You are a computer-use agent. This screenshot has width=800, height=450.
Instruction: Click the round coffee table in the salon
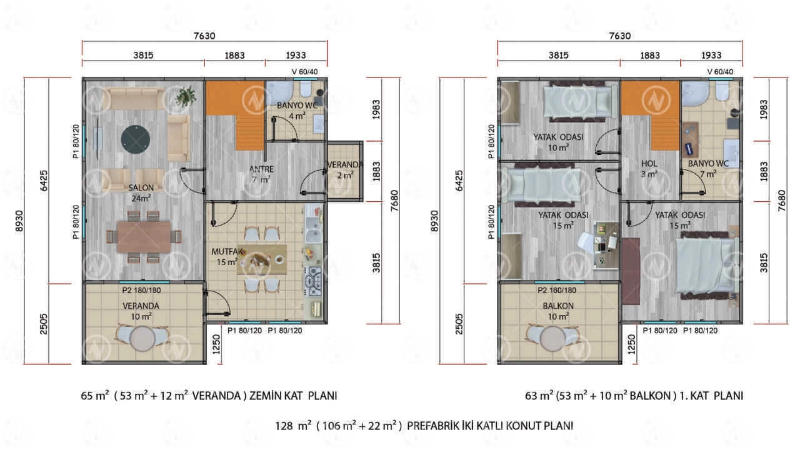[x=136, y=139]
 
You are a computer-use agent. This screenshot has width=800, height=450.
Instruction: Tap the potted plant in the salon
[x=186, y=96]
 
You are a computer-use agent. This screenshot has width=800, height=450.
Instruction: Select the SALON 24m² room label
[x=141, y=193]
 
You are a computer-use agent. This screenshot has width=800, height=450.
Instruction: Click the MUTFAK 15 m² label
[x=227, y=257]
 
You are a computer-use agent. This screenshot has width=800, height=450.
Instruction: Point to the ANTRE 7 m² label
[x=261, y=174]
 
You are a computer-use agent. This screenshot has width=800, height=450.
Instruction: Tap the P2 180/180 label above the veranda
[x=141, y=291]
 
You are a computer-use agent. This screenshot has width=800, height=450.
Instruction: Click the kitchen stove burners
[x=314, y=281]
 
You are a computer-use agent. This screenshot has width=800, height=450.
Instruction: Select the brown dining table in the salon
[x=144, y=237]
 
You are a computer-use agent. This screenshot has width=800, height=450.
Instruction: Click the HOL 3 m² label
[x=649, y=169]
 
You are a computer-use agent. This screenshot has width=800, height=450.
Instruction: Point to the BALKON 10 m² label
[x=558, y=311]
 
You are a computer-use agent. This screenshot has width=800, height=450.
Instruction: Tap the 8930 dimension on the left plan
[x=19, y=221]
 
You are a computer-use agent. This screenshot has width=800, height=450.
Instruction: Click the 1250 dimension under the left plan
[x=216, y=344]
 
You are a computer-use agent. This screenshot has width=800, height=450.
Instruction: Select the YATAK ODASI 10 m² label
[x=558, y=142]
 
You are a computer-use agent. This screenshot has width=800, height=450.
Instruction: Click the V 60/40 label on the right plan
[x=720, y=72]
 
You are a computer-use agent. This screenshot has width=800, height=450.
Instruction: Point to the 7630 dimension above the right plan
[x=619, y=36]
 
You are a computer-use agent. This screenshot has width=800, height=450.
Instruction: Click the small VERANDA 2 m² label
[x=345, y=170]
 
